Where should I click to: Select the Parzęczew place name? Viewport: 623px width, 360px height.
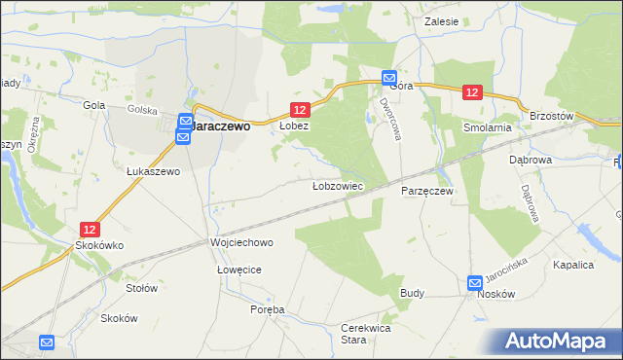[427, 192]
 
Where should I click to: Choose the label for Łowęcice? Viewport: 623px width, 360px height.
[240, 269]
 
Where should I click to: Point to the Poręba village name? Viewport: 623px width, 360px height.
[268, 309]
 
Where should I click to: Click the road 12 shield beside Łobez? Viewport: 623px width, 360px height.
[300, 111]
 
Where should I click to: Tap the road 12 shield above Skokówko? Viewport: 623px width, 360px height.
[90, 230]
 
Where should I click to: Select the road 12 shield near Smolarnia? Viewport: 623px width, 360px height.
[472, 92]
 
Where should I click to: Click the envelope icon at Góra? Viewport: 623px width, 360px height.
[388, 78]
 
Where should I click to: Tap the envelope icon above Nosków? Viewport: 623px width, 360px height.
[474, 283]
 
